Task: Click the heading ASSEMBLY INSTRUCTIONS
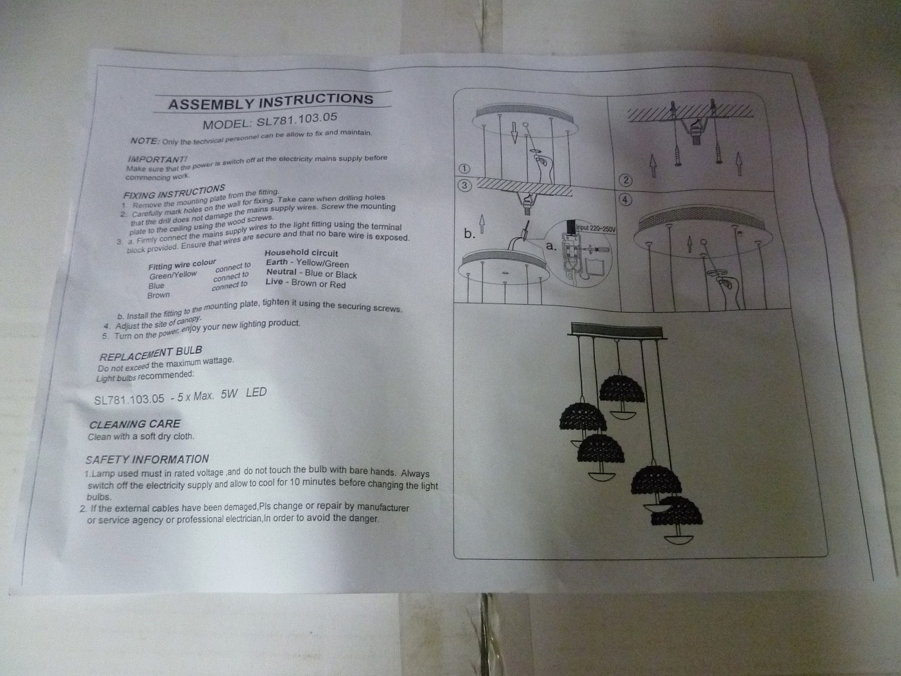[x=270, y=102]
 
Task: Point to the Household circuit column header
[x=301, y=253]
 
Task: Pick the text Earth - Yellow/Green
[x=307, y=263]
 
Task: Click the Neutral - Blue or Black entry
[x=311, y=273]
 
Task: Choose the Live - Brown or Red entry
[x=306, y=283]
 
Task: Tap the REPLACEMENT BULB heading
[x=150, y=353]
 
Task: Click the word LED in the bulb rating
[x=256, y=393]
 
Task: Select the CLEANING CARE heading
[x=135, y=424]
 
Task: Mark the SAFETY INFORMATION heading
[x=147, y=459]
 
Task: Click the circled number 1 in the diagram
[x=465, y=169]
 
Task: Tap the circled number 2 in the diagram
[x=626, y=181]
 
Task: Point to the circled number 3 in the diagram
[x=465, y=186]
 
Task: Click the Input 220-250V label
[x=596, y=228]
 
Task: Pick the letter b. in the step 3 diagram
[x=470, y=234]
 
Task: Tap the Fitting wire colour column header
[x=182, y=265]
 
